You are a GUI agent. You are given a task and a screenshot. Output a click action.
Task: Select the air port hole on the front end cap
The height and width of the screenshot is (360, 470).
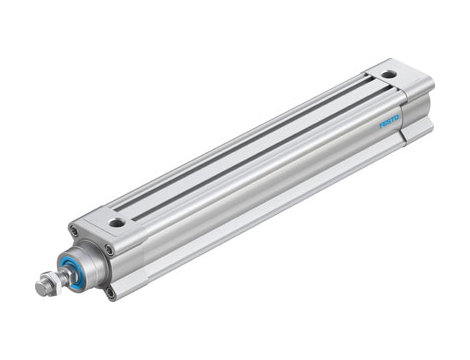(x=118, y=223)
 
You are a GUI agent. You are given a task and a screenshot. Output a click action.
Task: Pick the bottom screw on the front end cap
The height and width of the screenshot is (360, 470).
(x=107, y=292)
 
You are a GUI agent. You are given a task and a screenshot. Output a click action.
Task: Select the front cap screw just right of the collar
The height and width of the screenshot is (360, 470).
(x=108, y=250)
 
